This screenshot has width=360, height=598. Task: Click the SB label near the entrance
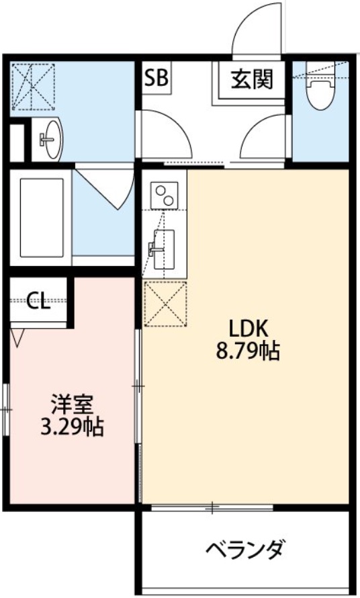158,78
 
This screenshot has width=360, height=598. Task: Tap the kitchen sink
162,245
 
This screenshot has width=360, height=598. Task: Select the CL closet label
38,302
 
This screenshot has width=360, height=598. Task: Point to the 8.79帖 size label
249,351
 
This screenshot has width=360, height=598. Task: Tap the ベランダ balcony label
244,551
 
